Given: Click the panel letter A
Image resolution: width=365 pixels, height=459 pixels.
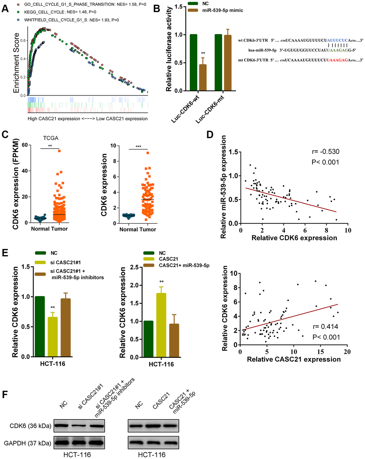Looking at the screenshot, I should click(x=5, y=8).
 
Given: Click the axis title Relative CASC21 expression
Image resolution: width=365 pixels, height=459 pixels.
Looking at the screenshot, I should click(x=293, y=359).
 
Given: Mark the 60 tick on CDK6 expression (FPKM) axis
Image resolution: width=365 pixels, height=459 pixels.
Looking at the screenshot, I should click(x=25, y=145).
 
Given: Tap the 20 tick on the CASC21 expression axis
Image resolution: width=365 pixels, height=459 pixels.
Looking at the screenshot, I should click(x=346, y=352).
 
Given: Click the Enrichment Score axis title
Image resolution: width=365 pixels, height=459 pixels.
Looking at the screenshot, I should click(x=16, y=63).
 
